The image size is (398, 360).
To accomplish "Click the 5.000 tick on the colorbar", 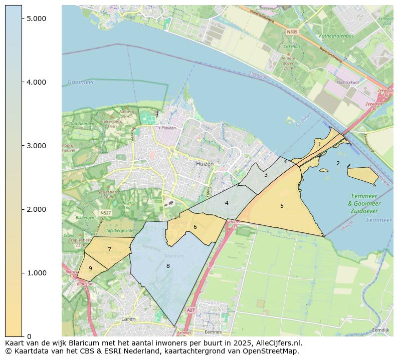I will coord(23,19).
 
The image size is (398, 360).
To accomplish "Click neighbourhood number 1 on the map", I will coord(319,144).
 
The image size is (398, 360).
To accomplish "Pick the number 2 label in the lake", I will coord(338,163).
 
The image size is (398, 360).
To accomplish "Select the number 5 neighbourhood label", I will coord(282,206).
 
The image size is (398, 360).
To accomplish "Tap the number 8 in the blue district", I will coord(168,266).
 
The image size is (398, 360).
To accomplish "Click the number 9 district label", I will coord(90,268).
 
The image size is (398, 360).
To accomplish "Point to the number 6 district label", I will coord(195,227).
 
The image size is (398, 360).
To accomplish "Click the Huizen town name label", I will coord(205,164).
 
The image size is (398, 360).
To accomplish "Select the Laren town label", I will coord(128,318).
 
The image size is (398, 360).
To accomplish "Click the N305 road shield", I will coord(292,32).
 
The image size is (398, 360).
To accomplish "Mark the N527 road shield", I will coord(105,213).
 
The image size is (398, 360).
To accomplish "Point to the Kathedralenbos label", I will coord(336,36).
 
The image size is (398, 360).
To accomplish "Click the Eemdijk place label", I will coord(381,330).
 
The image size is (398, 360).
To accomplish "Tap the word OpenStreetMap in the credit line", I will coord(275,351).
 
